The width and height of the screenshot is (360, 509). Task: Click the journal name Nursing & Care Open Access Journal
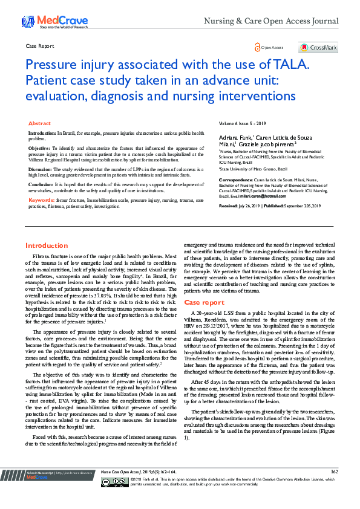(x=271, y=21)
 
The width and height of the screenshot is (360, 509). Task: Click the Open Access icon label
(x=272, y=47)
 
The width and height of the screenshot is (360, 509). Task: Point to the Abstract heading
(x=40, y=123)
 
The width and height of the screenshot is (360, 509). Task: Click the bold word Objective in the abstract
(x=40, y=148)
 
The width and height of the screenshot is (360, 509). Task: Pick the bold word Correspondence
(x=235, y=180)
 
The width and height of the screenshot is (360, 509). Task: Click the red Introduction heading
(x=47, y=245)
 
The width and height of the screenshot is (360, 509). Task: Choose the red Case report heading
(x=204, y=302)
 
